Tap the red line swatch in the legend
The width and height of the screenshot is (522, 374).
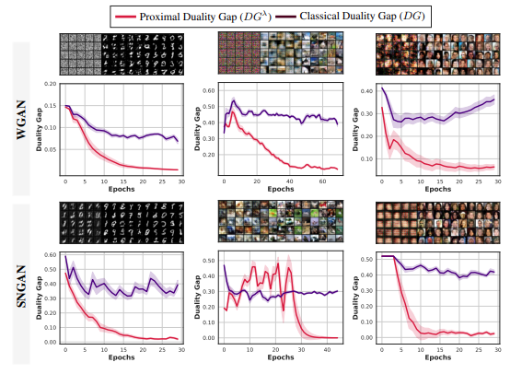126,16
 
